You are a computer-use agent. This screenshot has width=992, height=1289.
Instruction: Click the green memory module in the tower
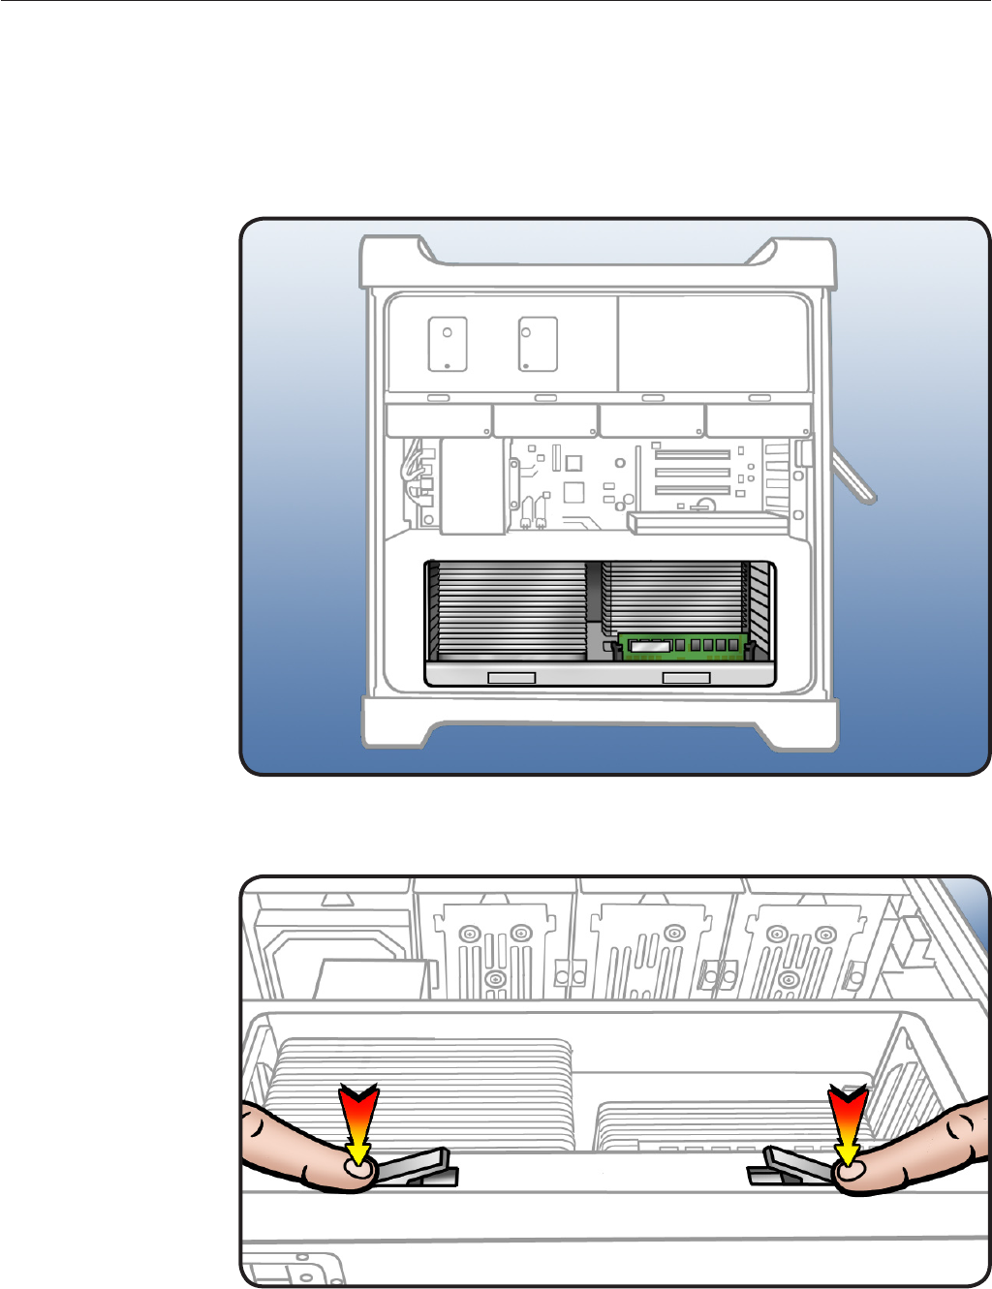coord(684,647)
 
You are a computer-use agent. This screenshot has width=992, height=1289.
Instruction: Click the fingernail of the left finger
coord(360,1171)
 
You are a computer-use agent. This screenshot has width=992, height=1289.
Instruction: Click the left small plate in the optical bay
coord(448,344)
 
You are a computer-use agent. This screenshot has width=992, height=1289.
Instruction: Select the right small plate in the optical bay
coord(538,344)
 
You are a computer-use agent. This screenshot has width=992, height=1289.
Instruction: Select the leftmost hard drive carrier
coord(438,421)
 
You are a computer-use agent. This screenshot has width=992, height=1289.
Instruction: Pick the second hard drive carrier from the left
coord(545,421)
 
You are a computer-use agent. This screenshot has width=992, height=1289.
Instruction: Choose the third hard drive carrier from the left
coord(652,421)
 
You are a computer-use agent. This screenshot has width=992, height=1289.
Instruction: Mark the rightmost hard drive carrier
coord(759,421)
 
